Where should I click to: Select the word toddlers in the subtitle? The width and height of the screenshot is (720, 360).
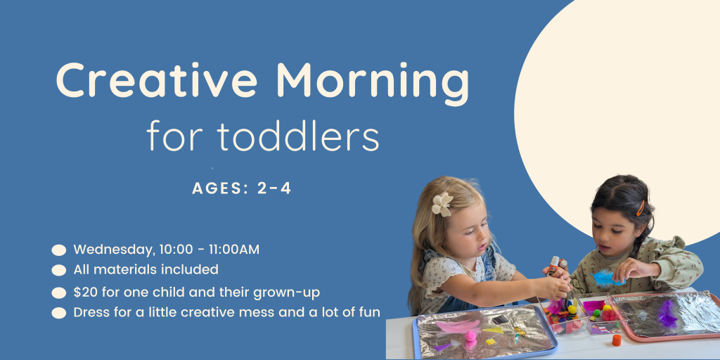pos(298,136)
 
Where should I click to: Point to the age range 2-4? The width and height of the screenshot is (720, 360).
pos(274,188)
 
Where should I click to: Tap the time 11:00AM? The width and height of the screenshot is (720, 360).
pos(233,250)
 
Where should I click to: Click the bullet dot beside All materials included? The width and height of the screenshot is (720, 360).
pos(59,271)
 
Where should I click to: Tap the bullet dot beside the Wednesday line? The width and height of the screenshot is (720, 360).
pos(59,250)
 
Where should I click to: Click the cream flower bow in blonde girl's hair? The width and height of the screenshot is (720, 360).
pos(442,205)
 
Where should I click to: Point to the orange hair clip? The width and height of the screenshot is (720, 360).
pos(640,208)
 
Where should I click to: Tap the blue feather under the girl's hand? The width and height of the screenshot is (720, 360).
pos(606,278)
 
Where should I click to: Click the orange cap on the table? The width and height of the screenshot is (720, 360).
pos(617,340)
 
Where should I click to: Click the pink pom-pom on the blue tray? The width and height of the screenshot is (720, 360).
pos(470,335)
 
